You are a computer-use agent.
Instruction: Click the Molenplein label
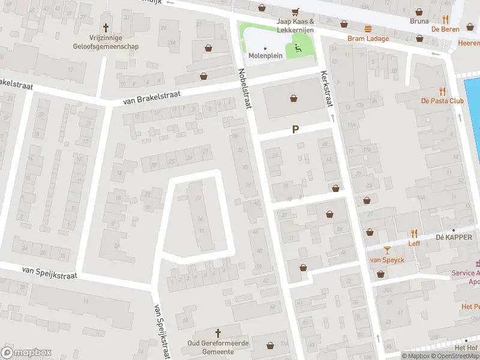tap(265, 56)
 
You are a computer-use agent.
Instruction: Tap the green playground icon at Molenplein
tap(297, 47)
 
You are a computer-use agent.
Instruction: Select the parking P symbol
tap(295, 129)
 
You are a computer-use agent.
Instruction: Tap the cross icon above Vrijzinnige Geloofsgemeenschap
tap(107, 27)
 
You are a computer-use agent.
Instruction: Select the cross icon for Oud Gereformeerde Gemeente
tap(218, 333)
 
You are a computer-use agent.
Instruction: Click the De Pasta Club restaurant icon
tap(443, 91)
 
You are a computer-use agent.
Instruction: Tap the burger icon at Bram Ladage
tap(368, 28)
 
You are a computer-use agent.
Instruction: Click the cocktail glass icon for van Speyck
tap(387, 250)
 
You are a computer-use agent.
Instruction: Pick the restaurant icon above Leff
tap(414, 233)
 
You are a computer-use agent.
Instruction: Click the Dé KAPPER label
tap(454, 237)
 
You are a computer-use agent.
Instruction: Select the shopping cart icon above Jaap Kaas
tap(295, 11)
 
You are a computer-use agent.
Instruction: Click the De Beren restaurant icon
tap(445, 19)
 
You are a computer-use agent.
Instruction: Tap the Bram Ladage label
tap(368, 38)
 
